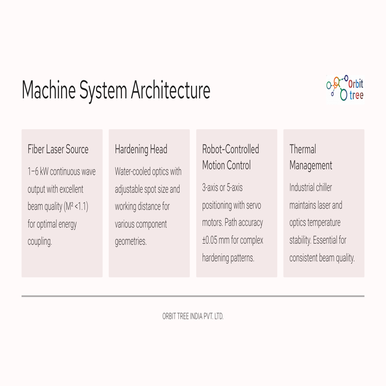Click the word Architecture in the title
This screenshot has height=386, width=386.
pyautogui.click(x=170, y=90)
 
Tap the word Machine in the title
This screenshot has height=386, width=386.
pyautogui.click(x=49, y=90)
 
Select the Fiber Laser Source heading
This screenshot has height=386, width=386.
pyautogui.click(x=58, y=149)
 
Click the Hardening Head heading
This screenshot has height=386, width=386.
pyautogui.click(x=141, y=149)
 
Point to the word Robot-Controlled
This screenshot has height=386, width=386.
pyautogui.click(x=230, y=149)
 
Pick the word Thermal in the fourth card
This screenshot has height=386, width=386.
pyautogui.click(x=303, y=149)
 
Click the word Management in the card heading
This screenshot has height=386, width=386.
pyautogui.click(x=311, y=166)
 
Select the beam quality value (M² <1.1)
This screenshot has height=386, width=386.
pyautogui.click(x=76, y=206)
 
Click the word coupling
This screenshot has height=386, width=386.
pyautogui.click(x=40, y=242)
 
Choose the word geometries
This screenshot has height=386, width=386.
pyautogui.click(x=131, y=242)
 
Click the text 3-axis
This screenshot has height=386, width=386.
pyautogui.click(x=210, y=188)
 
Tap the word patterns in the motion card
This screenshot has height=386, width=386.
pyautogui.click(x=243, y=258)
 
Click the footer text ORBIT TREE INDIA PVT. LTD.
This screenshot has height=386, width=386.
pyautogui.click(x=193, y=317)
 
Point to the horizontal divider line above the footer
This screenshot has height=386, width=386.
pyautogui.click(x=193, y=296)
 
